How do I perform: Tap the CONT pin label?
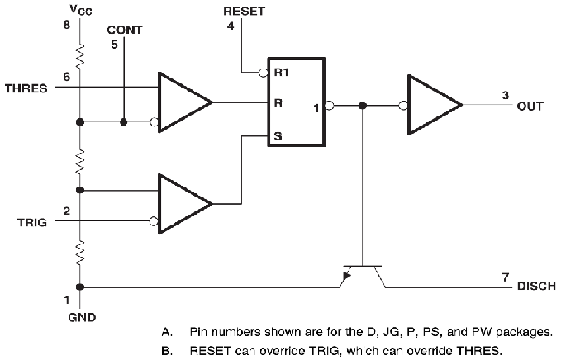point(124,30)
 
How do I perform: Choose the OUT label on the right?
point(530,106)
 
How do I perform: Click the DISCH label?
point(536,287)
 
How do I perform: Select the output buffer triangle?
point(435,106)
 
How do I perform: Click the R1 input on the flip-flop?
point(281,71)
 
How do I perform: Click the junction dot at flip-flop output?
point(364,106)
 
